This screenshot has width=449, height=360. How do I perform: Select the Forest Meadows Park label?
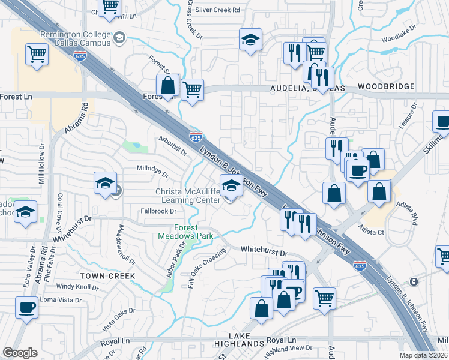point(185,232)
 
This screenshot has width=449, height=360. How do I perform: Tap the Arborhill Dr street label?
point(173,147)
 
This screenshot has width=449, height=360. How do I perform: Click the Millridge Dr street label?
point(152,172)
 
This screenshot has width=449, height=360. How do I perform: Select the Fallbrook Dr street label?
point(158,211)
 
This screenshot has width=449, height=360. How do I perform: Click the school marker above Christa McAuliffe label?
point(231,186)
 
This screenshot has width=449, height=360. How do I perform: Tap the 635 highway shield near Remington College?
point(79,55)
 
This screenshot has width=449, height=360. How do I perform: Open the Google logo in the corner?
point(20,353)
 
